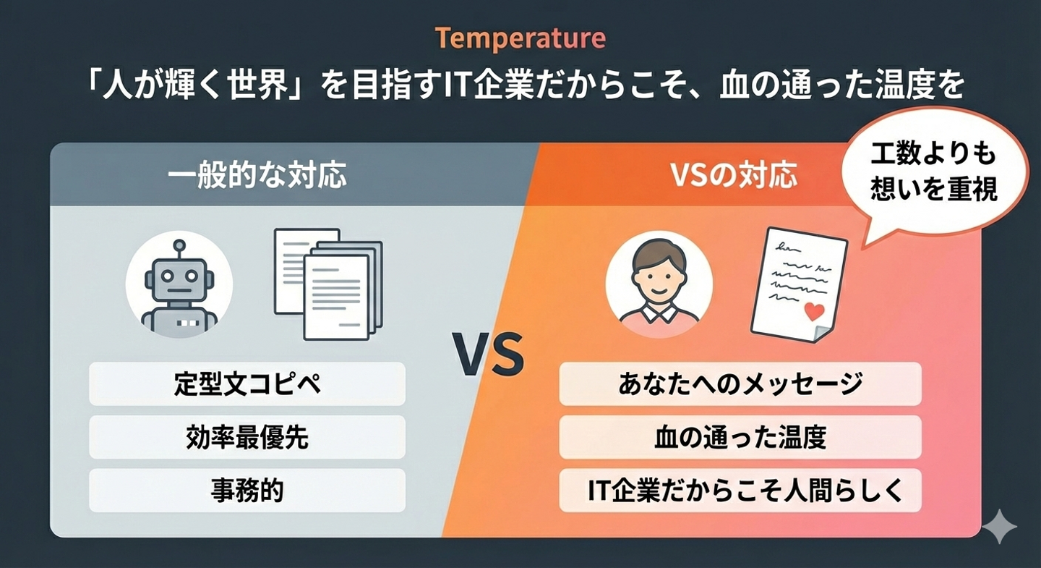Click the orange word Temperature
pos(520,38)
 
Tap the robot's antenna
pos(179,250)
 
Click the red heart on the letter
pos(814,311)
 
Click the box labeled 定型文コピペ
pos(247,383)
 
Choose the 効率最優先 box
pos(247,437)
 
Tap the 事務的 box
pos(247,491)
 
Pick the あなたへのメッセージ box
pos(740,383)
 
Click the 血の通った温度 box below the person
pos(740,437)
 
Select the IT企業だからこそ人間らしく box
pos(740,491)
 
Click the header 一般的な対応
pos(257,175)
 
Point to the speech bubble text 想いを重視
pos(934,190)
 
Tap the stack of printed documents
pos(328,284)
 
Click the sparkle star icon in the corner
pos(999,526)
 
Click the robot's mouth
pos(179,291)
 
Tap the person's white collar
pos(659,313)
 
